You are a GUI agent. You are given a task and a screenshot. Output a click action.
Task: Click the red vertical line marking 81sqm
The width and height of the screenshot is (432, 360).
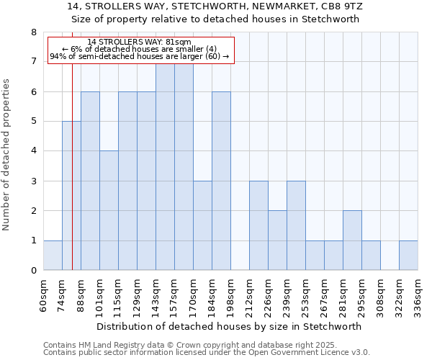pos(73,166)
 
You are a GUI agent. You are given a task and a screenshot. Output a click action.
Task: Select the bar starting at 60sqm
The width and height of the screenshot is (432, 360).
pos(53,256)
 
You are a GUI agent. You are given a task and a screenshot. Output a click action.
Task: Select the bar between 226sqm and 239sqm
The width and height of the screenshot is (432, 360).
pos(277,240)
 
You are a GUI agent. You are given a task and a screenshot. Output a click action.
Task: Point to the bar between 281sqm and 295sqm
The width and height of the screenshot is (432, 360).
pos(352,240)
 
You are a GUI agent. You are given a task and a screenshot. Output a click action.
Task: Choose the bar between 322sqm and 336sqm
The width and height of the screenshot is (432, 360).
pos(408,256)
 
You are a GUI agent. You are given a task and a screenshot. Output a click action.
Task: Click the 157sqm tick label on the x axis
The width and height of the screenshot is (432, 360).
pos(174,293)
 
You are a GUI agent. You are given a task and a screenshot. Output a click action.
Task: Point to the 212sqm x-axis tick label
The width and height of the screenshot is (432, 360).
pos(249,293)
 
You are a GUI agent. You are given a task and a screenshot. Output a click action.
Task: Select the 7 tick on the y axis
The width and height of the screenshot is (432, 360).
pos(33,62)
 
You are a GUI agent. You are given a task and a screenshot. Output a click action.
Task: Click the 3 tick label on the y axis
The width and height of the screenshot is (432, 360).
pos(33,181)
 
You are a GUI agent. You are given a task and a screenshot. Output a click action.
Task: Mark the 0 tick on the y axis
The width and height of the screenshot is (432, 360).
pos(33,271)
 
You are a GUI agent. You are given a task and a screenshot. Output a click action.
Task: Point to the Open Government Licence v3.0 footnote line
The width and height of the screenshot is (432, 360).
pos(207,353)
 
